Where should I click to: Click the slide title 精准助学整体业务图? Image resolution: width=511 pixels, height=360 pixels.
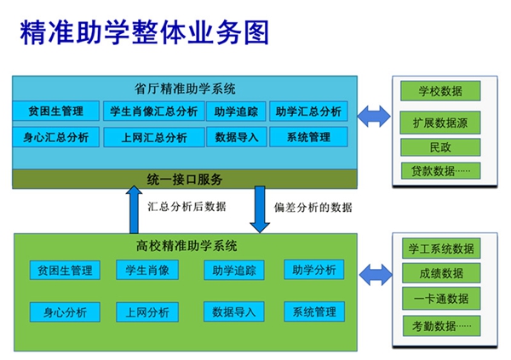145,32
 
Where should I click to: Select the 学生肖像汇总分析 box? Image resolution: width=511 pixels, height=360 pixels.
154,111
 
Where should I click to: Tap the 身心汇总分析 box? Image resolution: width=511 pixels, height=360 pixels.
55,137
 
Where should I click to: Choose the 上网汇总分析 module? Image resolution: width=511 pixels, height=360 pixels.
154,137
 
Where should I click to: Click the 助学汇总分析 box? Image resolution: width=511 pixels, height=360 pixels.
308,111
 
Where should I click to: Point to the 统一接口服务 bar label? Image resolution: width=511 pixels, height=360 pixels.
185,180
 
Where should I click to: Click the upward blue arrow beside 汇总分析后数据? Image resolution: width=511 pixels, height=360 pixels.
134,209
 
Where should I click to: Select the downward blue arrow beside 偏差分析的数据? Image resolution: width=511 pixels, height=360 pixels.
260,209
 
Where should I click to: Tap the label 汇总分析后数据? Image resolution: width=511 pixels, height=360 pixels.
187,207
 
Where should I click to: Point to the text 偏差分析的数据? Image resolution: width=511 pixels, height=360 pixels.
313,207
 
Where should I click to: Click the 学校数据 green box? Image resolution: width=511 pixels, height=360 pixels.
440,91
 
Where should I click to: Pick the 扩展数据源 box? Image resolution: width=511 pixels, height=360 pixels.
440,123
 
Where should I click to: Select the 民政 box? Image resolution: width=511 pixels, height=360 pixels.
440,147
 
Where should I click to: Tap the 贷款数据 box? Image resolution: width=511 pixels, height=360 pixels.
440,170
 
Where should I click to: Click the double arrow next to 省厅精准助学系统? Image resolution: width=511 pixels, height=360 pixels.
374,117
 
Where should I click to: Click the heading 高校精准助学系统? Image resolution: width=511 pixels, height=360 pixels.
187,246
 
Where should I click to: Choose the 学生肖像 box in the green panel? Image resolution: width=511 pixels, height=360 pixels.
147,270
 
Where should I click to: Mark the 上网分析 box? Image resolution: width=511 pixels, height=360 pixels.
147,312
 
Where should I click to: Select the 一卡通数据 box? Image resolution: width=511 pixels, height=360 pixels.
441,299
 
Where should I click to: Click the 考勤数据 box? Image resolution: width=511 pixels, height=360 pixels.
441,326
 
